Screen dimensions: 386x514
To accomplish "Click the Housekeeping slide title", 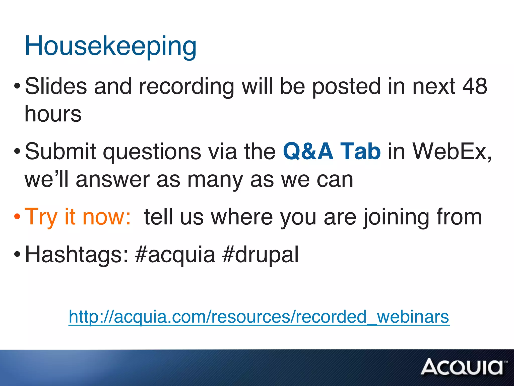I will (110, 46).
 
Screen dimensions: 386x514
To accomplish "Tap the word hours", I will (53, 114).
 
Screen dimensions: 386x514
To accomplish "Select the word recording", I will (186, 87).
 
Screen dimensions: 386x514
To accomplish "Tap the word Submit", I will (60, 151).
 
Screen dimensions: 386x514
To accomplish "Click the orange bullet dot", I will (17, 216).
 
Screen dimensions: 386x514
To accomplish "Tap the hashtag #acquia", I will (175, 255).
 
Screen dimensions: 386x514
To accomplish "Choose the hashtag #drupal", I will (261, 255).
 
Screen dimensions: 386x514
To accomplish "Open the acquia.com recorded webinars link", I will (259, 317).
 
